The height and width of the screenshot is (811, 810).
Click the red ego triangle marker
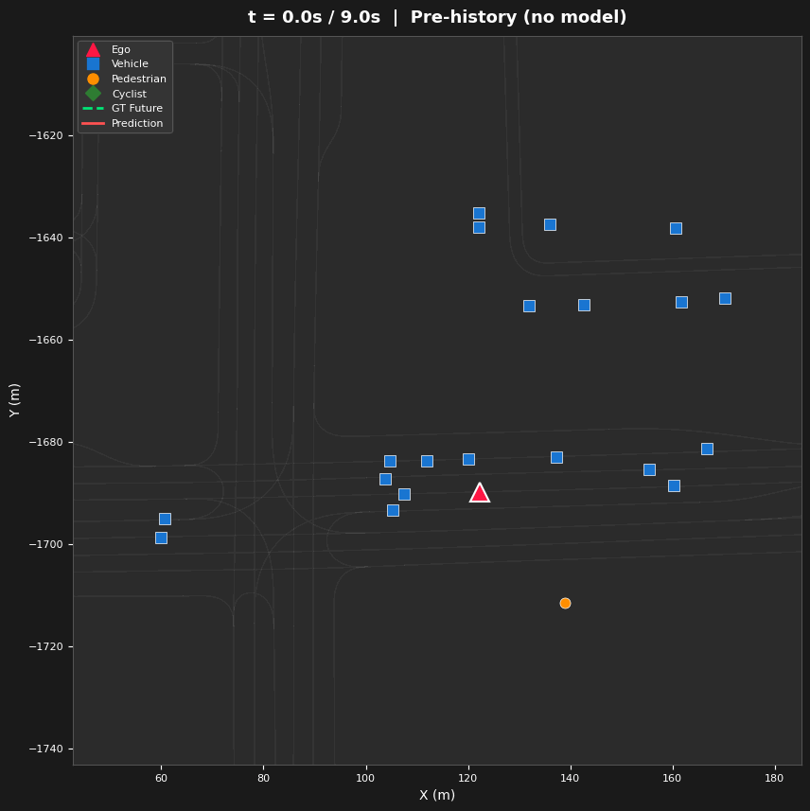(480, 493)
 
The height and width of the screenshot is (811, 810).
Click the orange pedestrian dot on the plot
(565, 603)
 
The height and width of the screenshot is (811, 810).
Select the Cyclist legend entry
(129, 94)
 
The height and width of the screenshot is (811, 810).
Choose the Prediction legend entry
(136, 123)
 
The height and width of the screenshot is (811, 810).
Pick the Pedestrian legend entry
(138, 79)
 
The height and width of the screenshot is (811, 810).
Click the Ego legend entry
(120, 49)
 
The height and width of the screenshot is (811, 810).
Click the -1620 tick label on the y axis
(45, 135)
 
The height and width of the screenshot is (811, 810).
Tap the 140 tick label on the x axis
(570, 778)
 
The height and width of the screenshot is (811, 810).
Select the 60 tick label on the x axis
(161, 778)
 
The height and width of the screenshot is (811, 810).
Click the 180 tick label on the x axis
(774, 778)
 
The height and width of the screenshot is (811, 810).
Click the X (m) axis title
(437, 795)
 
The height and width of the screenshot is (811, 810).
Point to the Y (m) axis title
(15, 400)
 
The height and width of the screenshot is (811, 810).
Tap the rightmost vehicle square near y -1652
(725, 298)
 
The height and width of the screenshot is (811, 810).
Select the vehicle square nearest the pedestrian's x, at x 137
(556, 457)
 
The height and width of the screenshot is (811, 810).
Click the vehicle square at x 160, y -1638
(676, 228)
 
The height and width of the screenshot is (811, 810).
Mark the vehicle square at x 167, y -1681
(707, 449)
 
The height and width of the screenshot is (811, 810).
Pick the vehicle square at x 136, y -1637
(550, 224)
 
